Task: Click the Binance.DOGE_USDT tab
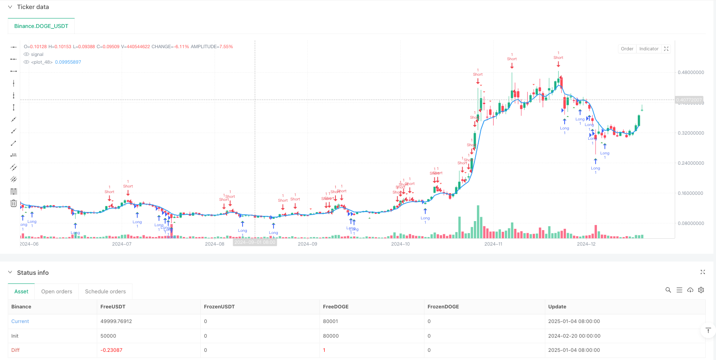pos(41,26)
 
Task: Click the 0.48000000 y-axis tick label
pos(691,73)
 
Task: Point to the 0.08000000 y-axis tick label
pos(691,224)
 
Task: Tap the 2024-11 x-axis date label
pos(493,244)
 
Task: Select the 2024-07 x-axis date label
pos(122,244)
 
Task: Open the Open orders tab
pos(57,292)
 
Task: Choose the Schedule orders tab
pos(105,292)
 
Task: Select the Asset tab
pos(22,292)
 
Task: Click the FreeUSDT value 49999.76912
pos(116,321)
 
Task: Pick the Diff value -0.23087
pos(111,350)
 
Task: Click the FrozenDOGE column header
pos(443,307)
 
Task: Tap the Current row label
pos(20,321)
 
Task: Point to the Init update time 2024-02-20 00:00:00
pos(574,336)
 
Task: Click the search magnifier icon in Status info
pos(668,290)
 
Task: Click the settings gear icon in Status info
pos(701,290)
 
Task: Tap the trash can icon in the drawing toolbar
pos(14,203)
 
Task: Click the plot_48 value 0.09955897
pos(68,62)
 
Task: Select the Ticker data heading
pos(33,7)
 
